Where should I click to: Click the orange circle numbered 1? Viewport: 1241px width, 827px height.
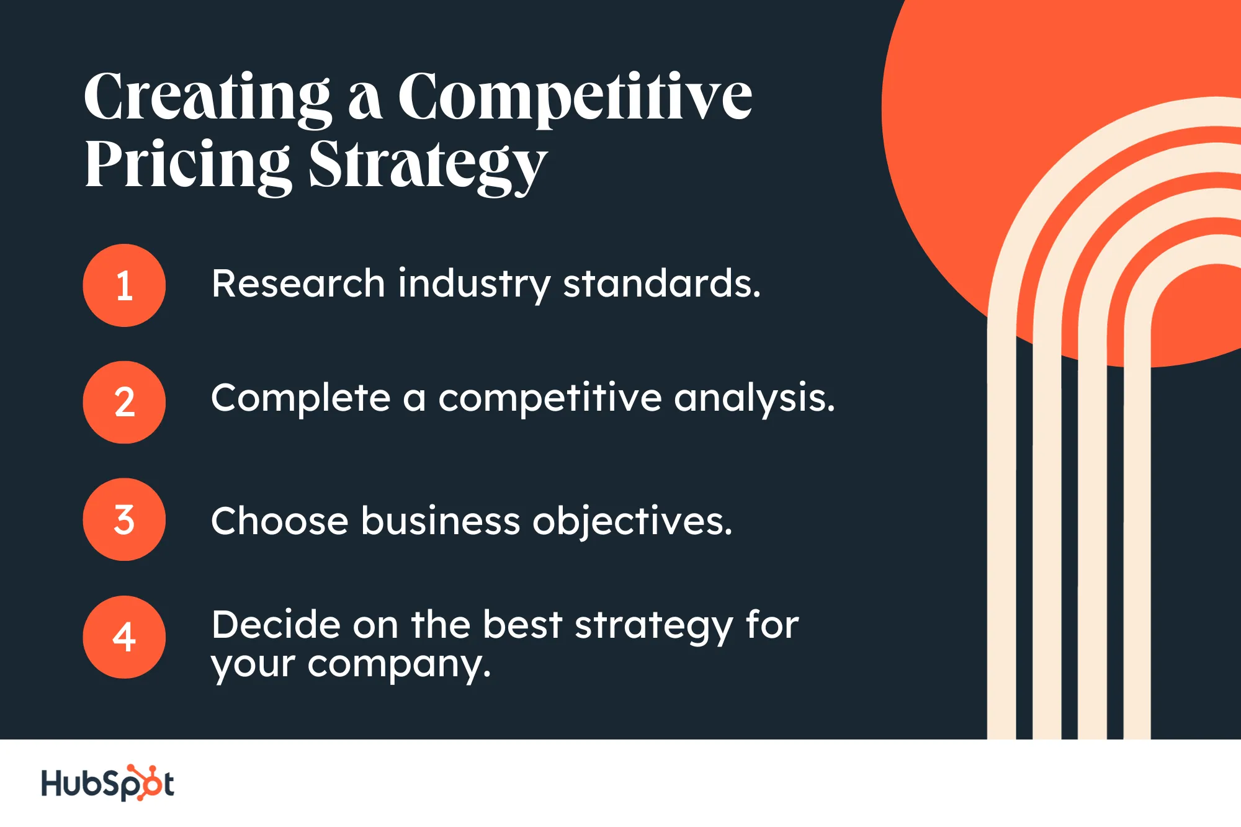click(x=124, y=285)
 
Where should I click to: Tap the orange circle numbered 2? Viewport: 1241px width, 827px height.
click(x=124, y=402)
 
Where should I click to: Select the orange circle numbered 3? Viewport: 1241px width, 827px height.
click(x=124, y=519)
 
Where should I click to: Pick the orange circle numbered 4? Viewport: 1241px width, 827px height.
click(x=124, y=637)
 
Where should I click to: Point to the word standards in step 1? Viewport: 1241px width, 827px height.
click(x=661, y=284)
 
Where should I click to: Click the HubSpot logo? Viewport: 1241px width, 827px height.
click(x=108, y=783)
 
